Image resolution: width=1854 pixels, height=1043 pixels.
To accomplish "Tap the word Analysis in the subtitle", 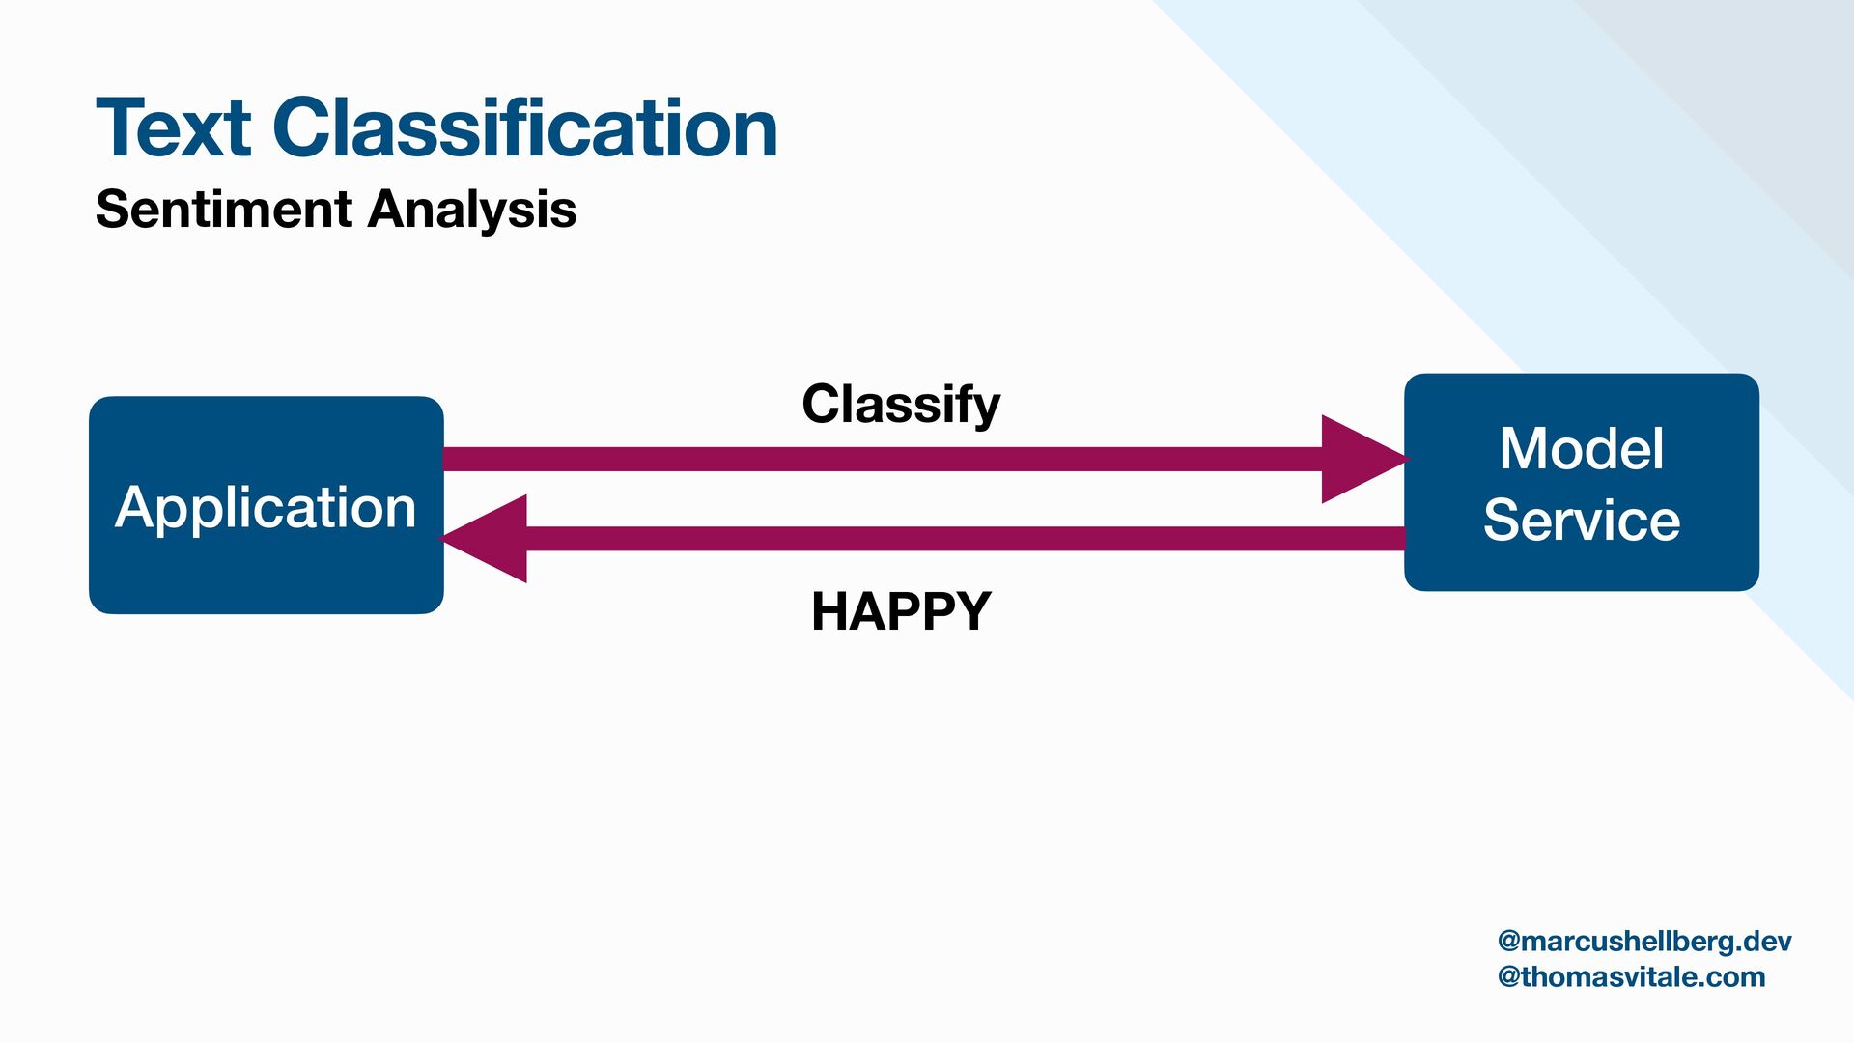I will pos(472,210).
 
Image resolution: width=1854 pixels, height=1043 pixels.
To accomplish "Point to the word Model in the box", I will pos(1581,449).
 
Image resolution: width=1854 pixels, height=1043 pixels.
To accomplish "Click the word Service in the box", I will pos(1581,521).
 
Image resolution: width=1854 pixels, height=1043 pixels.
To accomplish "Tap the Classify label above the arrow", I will pos(901,405).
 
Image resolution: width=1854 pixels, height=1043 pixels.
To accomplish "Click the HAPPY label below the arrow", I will pos(901,611).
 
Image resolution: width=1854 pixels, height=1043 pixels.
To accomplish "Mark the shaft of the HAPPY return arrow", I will pos(966,539).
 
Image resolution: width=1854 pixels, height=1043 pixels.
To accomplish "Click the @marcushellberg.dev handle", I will pos(1643,942).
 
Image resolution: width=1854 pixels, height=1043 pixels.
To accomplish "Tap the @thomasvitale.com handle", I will pos(1631,976).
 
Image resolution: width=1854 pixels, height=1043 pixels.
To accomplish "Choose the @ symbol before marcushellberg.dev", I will pos(1508,942).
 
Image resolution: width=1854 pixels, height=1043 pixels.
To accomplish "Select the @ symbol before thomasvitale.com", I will pos(1508,976).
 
